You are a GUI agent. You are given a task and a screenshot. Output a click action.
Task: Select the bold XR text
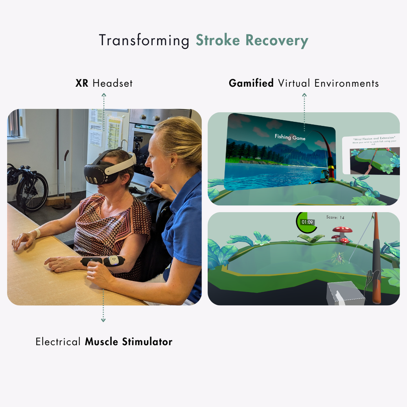(x=82, y=83)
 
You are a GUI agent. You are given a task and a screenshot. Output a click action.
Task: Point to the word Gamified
(x=251, y=83)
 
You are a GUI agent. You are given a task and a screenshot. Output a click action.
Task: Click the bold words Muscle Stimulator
(x=129, y=341)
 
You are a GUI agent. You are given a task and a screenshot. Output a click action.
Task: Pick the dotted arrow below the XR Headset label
(x=103, y=112)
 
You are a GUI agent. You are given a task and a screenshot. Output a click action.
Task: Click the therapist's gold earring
(x=173, y=166)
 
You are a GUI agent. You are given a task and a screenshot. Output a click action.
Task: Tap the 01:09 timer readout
(x=307, y=222)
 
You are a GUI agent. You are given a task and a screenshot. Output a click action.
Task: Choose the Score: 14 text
(x=335, y=217)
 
